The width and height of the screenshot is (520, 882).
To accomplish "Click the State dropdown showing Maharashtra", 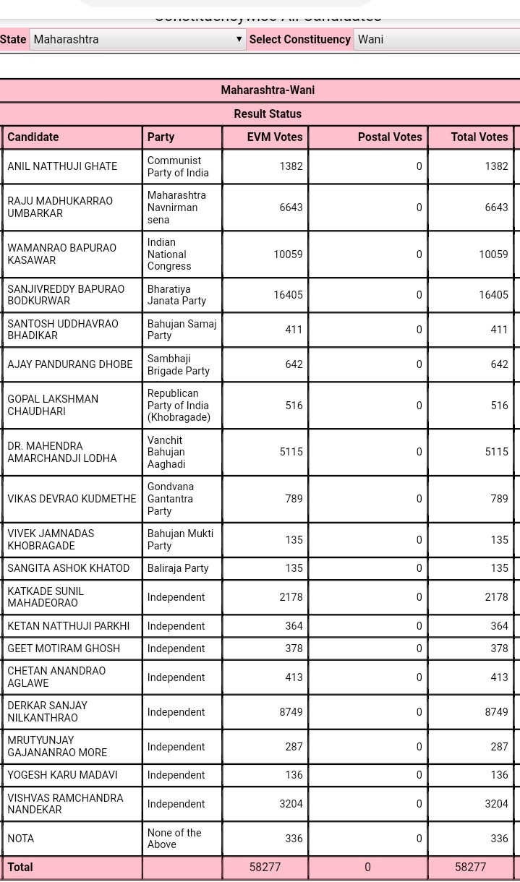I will click(x=137, y=39).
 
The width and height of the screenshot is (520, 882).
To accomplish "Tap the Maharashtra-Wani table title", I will click(x=268, y=90).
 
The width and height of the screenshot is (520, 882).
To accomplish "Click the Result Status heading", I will click(x=268, y=114).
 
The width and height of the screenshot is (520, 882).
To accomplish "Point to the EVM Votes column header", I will click(x=275, y=137).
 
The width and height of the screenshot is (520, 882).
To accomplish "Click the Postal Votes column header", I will click(x=390, y=137).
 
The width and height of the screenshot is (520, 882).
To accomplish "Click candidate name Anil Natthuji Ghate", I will click(x=62, y=166).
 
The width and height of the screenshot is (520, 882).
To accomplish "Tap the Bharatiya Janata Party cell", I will click(x=176, y=295).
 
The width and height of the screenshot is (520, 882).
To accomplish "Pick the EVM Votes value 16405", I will click(x=288, y=295).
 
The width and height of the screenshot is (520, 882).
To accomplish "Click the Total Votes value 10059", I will click(x=493, y=254).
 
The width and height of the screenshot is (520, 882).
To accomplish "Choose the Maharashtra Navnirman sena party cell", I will click(x=176, y=207).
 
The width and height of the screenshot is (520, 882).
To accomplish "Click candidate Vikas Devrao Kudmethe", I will click(x=72, y=499).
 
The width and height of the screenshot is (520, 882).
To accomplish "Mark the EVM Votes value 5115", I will click(x=291, y=452).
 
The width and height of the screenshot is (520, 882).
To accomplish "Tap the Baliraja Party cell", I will click(x=178, y=568).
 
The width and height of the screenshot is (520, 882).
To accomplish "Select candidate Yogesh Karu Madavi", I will click(x=62, y=775).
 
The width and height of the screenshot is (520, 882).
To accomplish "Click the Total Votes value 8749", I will click(x=496, y=712).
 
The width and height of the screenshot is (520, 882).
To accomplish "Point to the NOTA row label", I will click(x=21, y=839).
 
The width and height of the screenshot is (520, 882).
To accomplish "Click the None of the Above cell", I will click(x=174, y=839).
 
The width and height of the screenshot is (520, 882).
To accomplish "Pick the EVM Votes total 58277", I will click(x=265, y=868).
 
